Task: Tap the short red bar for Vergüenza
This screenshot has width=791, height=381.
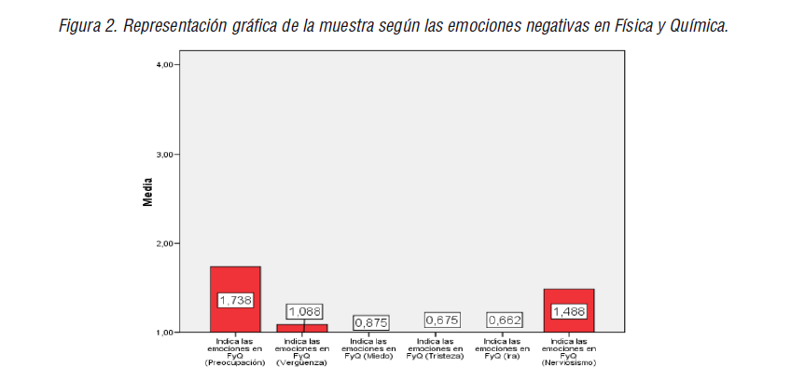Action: (301, 328)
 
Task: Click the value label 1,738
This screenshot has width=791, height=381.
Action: (235, 301)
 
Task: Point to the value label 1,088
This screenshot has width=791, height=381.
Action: (304, 311)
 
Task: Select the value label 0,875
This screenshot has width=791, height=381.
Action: (370, 322)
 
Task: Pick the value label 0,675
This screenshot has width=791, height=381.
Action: (442, 320)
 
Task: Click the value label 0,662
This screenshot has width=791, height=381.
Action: (504, 320)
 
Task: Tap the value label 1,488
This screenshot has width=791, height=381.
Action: (568, 312)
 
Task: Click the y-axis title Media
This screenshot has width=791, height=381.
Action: (147, 193)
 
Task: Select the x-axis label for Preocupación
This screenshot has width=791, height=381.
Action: (235, 351)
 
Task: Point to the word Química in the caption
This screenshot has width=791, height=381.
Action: (698, 25)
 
